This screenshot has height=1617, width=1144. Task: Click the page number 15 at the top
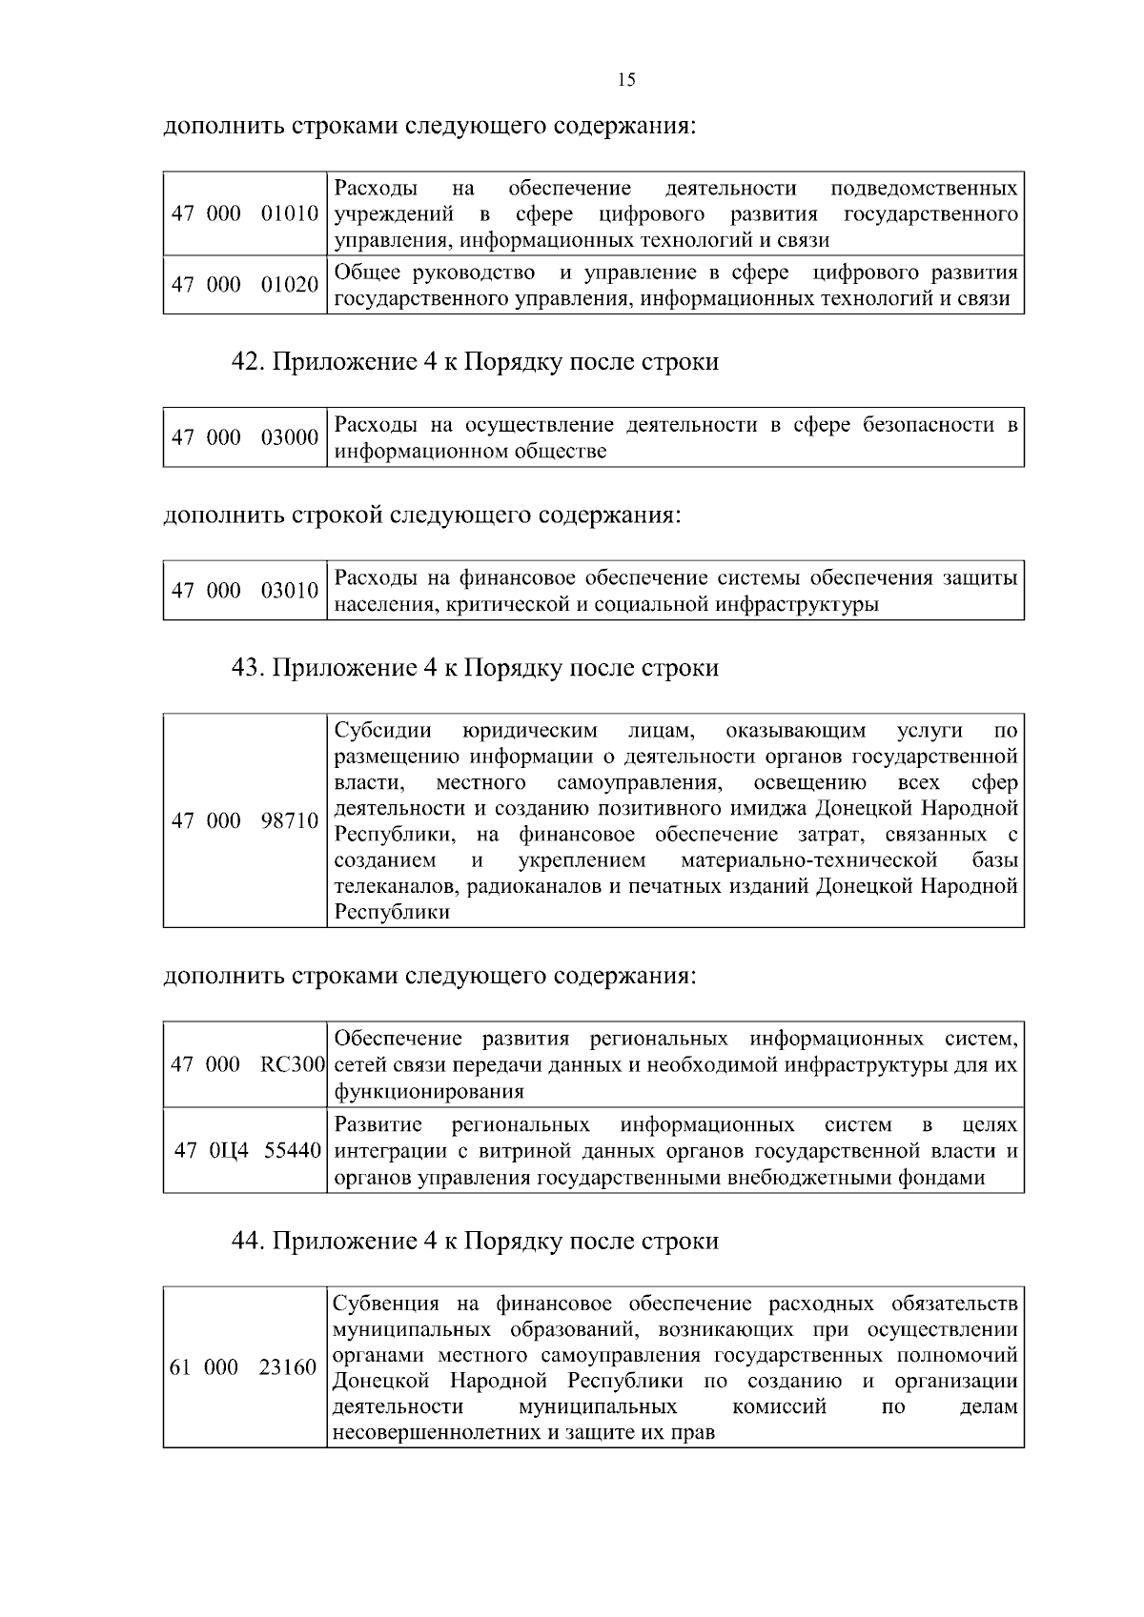click(626, 80)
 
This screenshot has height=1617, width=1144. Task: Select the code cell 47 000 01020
click(245, 285)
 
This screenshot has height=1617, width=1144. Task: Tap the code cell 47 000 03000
click(245, 437)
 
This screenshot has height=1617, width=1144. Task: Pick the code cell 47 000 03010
click(245, 591)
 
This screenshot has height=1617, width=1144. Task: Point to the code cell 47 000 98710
click(245, 820)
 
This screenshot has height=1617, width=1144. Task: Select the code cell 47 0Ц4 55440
click(248, 1150)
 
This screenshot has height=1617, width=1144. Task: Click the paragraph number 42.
click(248, 362)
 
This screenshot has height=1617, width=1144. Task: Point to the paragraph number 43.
click(248, 668)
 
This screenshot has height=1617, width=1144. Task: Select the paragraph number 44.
click(248, 1242)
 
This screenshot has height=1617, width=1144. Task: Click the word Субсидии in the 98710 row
click(383, 731)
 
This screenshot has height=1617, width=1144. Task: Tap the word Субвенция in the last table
click(387, 1304)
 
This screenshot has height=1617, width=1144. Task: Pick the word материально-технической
click(809, 860)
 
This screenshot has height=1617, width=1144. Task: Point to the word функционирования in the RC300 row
click(429, 1091)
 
